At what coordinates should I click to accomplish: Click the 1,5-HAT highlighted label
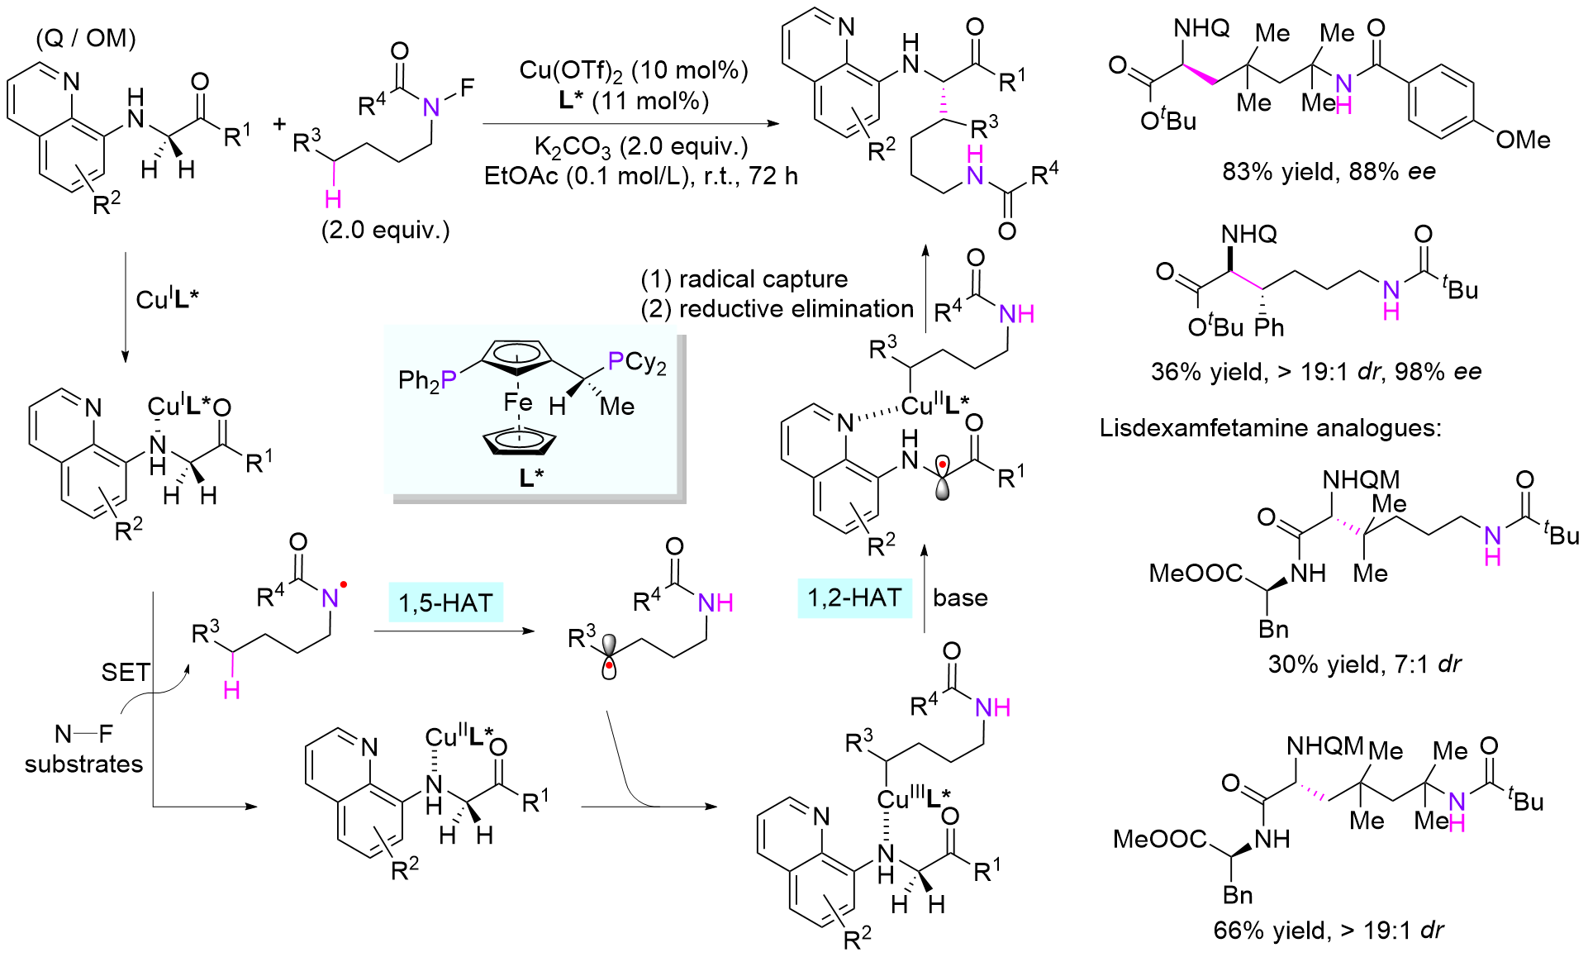[x=445, y=602]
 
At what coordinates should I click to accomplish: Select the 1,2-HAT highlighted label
[x=854, y=598]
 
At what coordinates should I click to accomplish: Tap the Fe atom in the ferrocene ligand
[x=518, y=402]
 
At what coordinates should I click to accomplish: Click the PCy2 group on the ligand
[x=636, y=361]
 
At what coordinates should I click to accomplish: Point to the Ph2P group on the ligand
[x=427, y=380]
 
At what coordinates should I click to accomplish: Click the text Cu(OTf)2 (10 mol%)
[x=634, y=70]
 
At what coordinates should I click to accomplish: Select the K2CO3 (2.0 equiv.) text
[x=640, y=147]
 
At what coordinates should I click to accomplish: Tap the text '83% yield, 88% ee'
[x=1329, y=172]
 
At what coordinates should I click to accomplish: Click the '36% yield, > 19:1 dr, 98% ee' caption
[x=1315, y=371]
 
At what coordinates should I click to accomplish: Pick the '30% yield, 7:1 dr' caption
[x=1364, y=664]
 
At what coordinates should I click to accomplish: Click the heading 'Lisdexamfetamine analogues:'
[x=1270, y=427]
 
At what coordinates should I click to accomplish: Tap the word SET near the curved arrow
[x=126, y=672]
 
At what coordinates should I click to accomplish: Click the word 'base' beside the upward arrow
[x=960, y=598]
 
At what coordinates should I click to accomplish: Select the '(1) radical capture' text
[x=744, y=279]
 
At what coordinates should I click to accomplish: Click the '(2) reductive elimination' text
[x=777, y=309]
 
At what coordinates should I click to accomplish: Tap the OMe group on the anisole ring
[x=1523, y=140]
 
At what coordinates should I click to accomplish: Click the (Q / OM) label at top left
[x=86, y=38]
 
